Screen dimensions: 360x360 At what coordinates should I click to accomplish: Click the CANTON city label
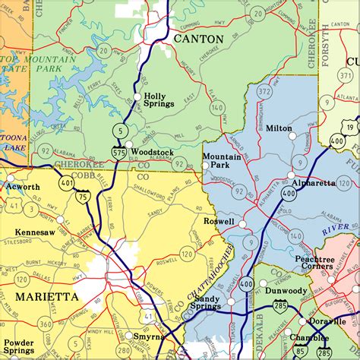coord(198,38)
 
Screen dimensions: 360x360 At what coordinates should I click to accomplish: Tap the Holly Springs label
coord(159,100)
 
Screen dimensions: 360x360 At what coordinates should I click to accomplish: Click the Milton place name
coord(279,128)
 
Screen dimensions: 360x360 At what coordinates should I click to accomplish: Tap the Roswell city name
coord(219,221)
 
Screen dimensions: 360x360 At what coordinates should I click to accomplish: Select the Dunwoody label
coord(287,290)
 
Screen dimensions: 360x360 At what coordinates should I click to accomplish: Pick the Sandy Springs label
coord(206,302)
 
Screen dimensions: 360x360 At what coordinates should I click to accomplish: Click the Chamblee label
coord(308,338)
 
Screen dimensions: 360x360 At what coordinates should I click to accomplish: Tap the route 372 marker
coord(264,92)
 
